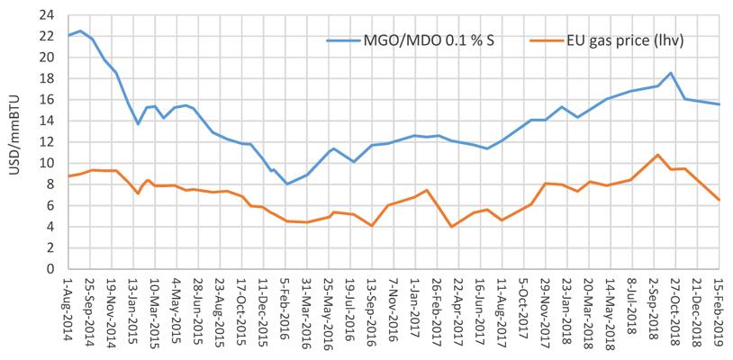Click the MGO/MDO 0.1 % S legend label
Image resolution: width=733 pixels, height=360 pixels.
point(429,40)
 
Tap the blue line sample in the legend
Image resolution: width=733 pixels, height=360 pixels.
point(344,40)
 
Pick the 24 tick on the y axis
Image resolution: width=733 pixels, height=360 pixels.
point(48,15)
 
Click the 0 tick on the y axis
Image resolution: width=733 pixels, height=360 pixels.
point(51,269)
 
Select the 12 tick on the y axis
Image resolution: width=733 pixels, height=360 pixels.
point(48,142)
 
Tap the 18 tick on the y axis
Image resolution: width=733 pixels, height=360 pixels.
point(48,79)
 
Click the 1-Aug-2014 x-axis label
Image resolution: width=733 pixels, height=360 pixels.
point(68,309)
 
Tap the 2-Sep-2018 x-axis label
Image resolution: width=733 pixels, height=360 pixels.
point(654,309)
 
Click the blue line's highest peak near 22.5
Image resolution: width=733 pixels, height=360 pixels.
point(80,31)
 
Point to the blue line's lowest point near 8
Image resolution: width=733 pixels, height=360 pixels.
point(287,184)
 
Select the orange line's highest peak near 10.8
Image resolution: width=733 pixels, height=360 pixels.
point(657,155)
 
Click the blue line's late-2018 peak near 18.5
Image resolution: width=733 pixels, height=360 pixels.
point(671,73)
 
